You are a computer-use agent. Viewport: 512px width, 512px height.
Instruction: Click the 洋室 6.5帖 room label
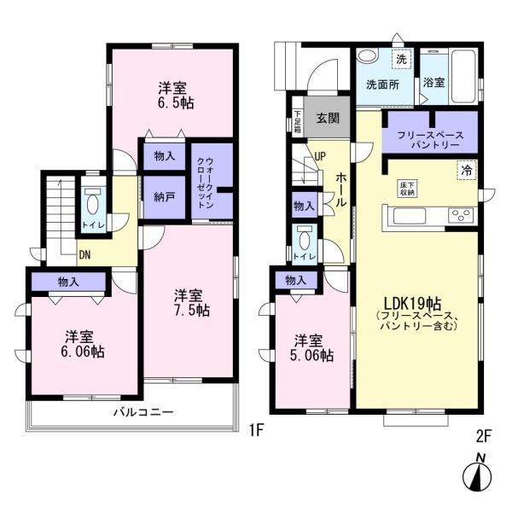[176, 96]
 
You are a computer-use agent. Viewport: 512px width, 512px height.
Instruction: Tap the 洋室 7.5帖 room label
[192, 303]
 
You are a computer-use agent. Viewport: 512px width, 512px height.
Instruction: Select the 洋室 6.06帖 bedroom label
[83, 344]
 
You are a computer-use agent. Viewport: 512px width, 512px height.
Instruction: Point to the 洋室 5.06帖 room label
[311, 348]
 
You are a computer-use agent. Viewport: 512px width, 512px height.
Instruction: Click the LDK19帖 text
[413, 303]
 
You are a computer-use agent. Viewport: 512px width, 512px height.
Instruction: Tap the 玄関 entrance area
[327, 118]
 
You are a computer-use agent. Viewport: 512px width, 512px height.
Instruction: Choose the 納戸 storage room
[165, 197]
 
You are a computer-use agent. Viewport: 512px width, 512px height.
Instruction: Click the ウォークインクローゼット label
[206, 183]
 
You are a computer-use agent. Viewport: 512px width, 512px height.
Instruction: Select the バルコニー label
[143, 412]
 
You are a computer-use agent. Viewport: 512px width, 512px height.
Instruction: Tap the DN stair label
[84, 254]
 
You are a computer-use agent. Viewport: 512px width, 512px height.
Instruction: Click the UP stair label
[320, 156]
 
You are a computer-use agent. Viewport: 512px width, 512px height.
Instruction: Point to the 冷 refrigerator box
[467, 170]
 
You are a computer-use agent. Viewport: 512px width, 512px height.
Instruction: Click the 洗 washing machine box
[401, 59]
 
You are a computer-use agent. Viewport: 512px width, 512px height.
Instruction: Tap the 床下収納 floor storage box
[407, 189]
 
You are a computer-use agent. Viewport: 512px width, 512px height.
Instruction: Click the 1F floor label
[256, 430]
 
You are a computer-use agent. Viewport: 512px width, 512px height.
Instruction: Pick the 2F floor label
[484, 437]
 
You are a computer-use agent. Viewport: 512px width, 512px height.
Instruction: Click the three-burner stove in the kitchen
[461, 215]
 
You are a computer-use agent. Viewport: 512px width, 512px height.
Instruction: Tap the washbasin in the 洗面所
[367, 55]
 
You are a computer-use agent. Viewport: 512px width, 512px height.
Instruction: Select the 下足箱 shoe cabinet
[298, 121]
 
